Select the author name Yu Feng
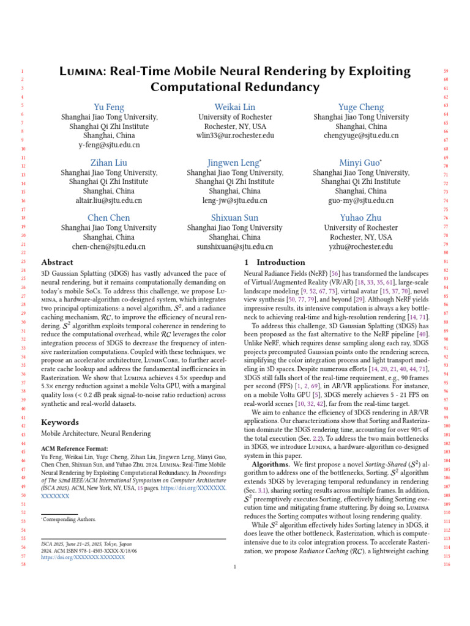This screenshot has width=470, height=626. click(x=109, y=107)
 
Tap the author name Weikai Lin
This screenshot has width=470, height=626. click(x=235, y=107)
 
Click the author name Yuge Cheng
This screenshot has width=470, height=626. click(x=361, y=107)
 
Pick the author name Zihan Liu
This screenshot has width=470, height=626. click(x=109, y=163)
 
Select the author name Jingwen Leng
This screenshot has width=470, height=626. click(x=235, y=163)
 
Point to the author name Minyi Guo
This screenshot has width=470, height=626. click(x=361, y=163)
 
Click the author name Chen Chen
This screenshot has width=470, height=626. click(x=109, y=218)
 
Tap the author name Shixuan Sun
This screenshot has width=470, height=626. click(x=235, y=218)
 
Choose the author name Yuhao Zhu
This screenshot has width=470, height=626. click(x=361, y=218)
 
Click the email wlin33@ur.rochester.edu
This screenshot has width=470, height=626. click(x=235, y=136)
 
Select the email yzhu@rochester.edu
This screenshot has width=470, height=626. click(x=361, y=246)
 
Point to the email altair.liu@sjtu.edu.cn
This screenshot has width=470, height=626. click(x=109, y=201)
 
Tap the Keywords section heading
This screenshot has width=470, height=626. click(x=59, y=422)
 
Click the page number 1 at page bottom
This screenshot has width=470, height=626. click(x=235, y=567)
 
